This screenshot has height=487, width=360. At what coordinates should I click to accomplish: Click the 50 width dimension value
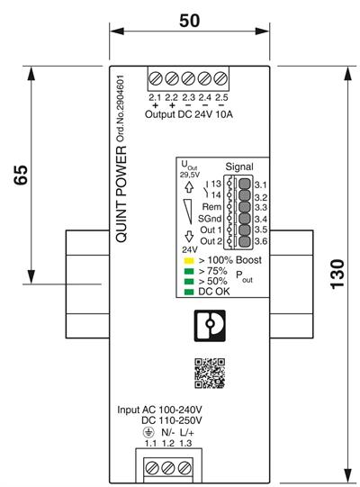tap(190, 19)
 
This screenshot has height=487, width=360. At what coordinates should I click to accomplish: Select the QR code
tap(209, 373)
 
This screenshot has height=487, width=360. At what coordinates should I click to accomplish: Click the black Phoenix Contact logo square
tap(209, 325)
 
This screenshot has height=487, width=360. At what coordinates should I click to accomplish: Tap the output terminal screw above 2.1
tap(155, 77)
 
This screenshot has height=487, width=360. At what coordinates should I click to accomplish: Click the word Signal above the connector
tap(238, 167)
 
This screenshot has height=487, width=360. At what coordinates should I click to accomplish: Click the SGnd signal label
tap(209, 219)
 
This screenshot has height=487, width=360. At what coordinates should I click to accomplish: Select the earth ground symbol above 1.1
tap(149, 431)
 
